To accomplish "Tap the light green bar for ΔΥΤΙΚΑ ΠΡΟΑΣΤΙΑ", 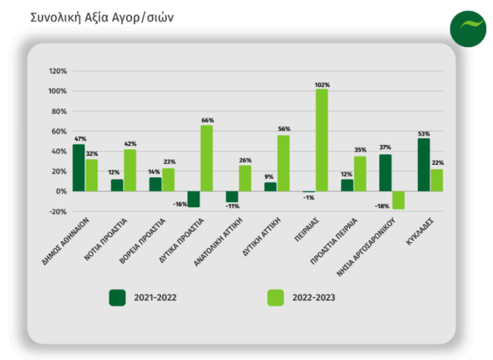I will [207, 158].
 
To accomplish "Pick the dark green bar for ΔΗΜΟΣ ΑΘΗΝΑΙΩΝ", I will [79, 167].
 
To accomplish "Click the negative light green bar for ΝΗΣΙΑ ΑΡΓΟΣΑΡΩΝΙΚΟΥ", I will [398, 200].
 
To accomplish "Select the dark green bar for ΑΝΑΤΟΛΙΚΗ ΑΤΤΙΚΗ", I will [232, 196].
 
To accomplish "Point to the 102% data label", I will [322, 84].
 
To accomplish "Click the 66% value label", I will [207, 120].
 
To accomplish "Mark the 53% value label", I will [423, 134].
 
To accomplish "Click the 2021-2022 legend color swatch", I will [118, 297].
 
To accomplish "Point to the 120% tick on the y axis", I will [58, 71].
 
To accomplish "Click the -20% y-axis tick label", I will [58, 211].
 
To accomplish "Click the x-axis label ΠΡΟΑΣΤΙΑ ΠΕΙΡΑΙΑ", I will [336, 240].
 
